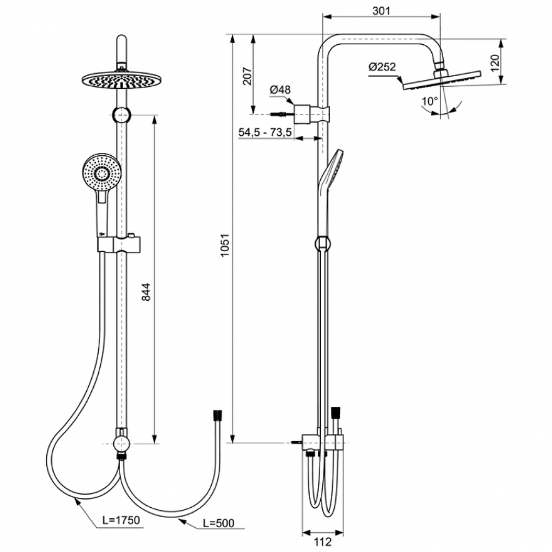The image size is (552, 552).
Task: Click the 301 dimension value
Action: [x=381, y=11]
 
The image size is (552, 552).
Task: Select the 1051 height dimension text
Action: [x=225, y=245]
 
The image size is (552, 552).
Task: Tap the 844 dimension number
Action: [x=146, y=292]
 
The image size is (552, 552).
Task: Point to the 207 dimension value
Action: [x=247, y=75]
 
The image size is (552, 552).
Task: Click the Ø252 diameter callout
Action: [x=382, y=66]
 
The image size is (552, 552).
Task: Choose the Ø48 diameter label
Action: [x=280, y=90]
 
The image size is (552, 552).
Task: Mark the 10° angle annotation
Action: [x=430, y=101]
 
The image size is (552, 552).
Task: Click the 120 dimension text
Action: [x=495, y=63]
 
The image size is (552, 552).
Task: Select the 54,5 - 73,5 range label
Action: [x=265, y=133]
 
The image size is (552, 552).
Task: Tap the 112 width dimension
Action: [x=322, y=541]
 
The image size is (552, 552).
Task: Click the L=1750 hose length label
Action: [x=121, y=520]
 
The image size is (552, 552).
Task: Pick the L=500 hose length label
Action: [x=219, y=523]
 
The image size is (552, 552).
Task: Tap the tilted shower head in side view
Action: [x=442, y=80]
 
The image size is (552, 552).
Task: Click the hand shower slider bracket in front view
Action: [x=119, y=244]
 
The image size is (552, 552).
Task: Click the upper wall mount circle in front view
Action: [x=122, y=114]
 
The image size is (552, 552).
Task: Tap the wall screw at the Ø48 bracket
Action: [x=282, y=114]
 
